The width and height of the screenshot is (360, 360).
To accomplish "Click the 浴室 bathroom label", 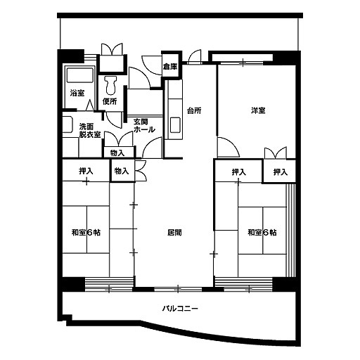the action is pos(77,93).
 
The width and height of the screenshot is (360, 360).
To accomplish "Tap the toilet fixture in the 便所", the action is pos(111,84).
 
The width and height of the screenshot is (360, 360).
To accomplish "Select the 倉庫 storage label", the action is pos(170,67).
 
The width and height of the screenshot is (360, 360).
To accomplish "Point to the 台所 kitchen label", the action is pos(194,110).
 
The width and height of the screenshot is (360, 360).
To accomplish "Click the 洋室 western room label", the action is pos(258,110).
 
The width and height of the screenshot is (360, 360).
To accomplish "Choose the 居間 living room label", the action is pos(174,233).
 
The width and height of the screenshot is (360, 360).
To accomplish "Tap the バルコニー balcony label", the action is pos(180,308).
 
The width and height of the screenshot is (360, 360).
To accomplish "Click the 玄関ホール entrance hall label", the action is pos(144,126).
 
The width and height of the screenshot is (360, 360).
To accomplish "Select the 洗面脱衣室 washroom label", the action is pos(90,131).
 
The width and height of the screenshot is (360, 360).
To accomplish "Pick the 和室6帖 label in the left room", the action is pos(86,233).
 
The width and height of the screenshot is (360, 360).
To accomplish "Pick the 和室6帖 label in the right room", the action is pos(262,233).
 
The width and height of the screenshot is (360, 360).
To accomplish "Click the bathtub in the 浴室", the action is pos(80,75).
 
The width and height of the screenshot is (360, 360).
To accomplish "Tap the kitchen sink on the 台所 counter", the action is pos(175,125).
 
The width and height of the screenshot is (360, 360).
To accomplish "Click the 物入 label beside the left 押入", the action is pos(122,171).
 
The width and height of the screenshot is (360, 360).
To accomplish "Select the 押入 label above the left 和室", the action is pos(86,172).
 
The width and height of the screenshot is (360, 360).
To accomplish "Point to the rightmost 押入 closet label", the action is pos(281,172).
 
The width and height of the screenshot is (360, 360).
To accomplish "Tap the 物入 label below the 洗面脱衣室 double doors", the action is pos(117,153).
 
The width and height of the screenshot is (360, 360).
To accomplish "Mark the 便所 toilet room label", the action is pos(110,101).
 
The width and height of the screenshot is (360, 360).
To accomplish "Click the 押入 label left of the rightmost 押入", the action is pos(239,172).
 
